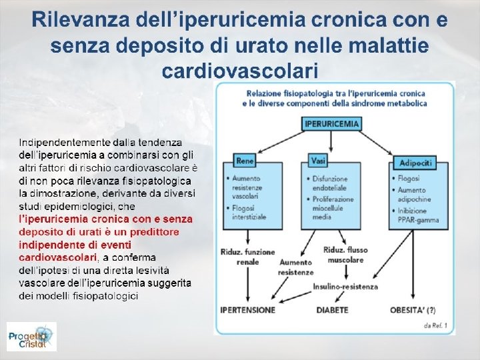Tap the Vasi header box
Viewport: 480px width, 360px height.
318,161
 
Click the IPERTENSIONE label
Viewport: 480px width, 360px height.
247,310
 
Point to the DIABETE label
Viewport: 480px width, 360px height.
332,310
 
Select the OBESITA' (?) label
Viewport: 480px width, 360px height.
413,310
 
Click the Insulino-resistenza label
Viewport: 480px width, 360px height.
345,287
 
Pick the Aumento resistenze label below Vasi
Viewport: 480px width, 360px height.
295,267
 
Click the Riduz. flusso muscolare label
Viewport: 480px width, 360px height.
343,255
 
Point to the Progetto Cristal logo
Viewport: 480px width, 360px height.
31,337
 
